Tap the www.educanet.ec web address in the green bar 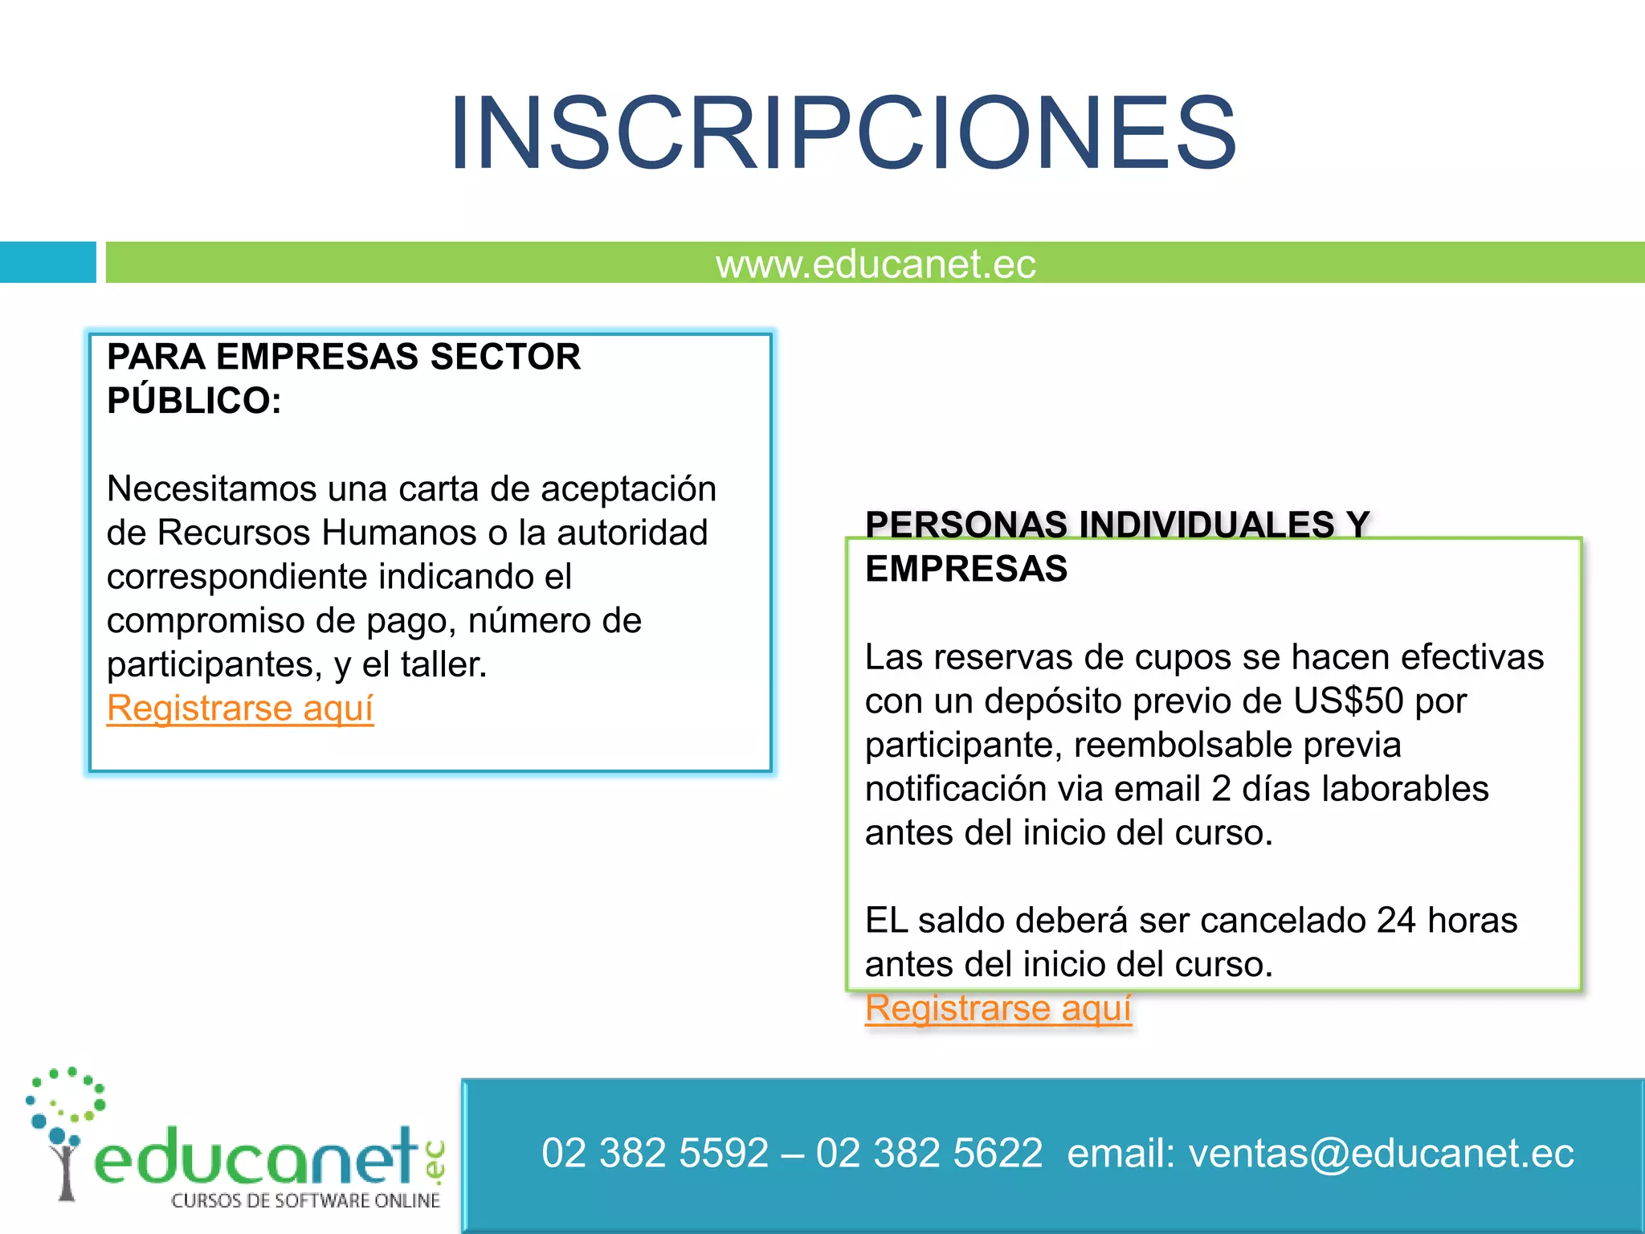876,264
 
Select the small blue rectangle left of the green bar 47,262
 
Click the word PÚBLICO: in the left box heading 194,401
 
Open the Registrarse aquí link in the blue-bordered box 240,709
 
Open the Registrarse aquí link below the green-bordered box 998,1008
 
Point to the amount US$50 1348,701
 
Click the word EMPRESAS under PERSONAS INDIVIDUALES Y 966,570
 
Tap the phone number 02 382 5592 655,1154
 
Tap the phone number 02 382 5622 929,1154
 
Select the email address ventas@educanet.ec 1381,1154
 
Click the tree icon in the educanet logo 64,1133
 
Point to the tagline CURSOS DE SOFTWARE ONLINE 305,1201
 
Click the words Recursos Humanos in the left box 317,533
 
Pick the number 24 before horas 1396,921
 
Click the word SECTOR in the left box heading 505,357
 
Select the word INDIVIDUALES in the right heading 1206,525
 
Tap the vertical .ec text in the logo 435,1162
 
